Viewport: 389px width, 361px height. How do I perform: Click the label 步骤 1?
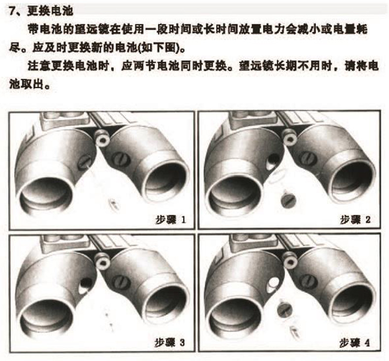click(170, 220)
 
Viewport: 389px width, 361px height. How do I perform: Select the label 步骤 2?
click(355, 220)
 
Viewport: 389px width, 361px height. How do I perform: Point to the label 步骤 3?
click(170, 343)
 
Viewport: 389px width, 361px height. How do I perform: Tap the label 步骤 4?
click(355, 343)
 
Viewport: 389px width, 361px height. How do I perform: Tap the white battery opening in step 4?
click(273, 284)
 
